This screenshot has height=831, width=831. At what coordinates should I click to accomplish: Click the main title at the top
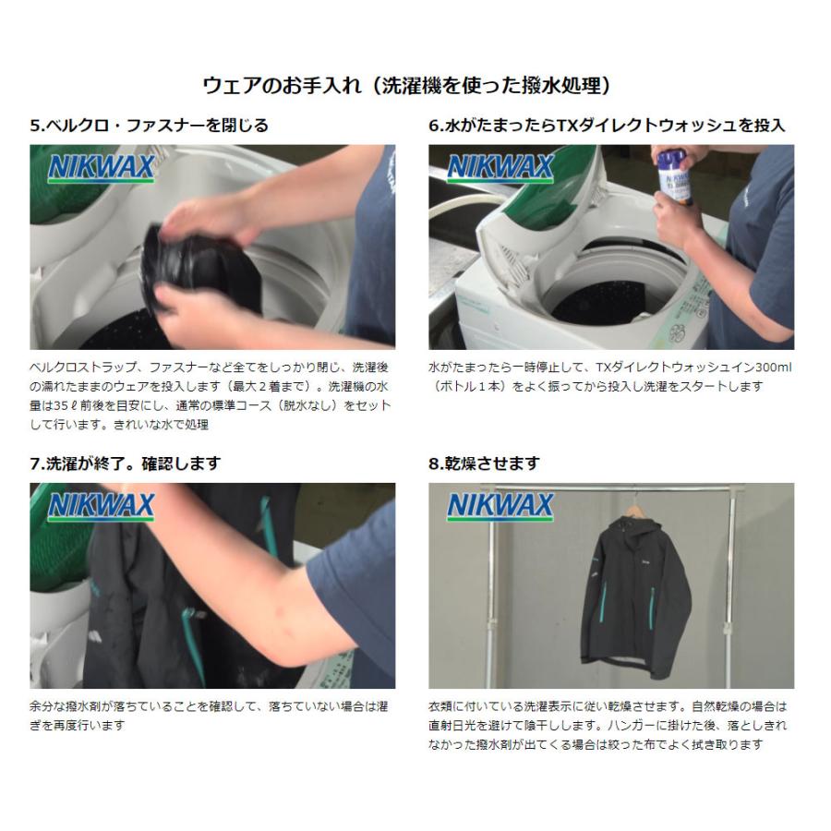[x=406, y=86]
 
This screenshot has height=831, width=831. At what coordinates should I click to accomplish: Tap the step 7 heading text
[x=126, y=463]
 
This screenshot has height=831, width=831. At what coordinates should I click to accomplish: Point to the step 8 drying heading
[x=484, y=463]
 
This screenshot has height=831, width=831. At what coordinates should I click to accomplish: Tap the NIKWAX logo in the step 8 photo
[x=500, y=506]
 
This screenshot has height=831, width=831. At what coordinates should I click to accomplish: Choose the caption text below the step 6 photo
[x=609, y=376]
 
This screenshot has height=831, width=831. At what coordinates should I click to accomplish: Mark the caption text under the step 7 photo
[x=211, y=716]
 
